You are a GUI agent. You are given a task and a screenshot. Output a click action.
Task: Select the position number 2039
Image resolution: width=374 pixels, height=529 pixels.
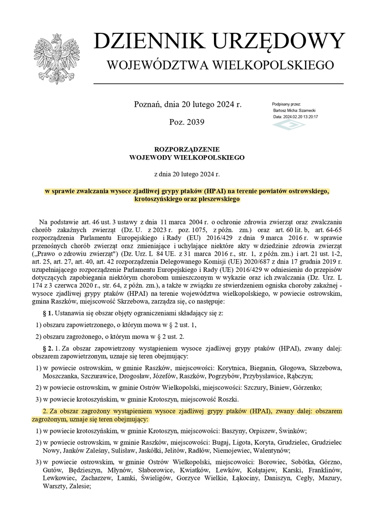195,121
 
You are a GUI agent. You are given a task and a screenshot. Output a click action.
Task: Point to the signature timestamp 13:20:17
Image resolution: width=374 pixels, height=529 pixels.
309,117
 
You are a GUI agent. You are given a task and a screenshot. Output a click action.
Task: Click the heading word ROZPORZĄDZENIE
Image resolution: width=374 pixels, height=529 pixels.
187,149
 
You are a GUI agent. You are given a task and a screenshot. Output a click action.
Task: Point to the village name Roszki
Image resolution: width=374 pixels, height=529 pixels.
228,399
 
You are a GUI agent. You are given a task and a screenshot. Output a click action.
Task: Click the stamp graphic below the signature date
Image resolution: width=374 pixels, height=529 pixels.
288,125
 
